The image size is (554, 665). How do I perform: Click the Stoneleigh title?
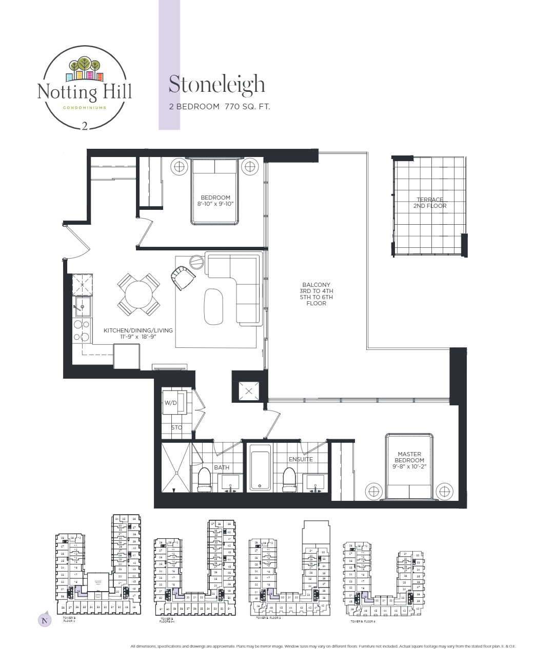(x=216, y=85)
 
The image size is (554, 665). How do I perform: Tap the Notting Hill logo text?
(x=85, y=92)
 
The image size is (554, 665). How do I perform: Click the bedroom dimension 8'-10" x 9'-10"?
(x=215, y=204)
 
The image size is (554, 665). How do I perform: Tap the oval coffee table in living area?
(x=213, y=306)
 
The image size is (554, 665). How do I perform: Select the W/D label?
(x=170, y=403)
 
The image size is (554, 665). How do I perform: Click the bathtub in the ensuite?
(x=260, y=467)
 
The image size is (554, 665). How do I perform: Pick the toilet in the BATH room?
(x=205, y=480)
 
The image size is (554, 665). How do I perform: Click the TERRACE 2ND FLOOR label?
(x=430, y=203)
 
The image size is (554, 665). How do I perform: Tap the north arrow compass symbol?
(x=45, y=620)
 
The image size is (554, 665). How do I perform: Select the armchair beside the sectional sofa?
(x=182, y=278)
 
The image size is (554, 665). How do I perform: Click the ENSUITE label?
(x=301, y=459)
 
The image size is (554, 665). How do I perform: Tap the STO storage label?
(x=176, y=427)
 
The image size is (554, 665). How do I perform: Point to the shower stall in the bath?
(x=175, y=467)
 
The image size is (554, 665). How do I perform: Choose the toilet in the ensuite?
(x=290, y=480)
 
